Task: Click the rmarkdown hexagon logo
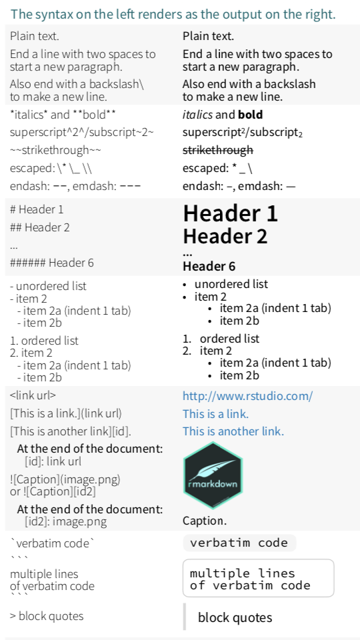click(x=213, y=475)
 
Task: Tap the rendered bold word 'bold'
click(x=250, y=115)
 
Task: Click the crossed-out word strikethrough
click(x=218, y=151)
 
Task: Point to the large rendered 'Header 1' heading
click(x=230, y=213)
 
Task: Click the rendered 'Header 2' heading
click(x=225, y=236)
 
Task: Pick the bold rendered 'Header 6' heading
click(x=209, y=267)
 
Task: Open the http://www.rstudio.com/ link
click(x=248, y=396)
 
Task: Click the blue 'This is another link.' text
click(x=233, y=431)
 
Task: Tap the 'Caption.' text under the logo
click(x=205, y=521)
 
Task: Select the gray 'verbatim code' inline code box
click(x=239, y=543)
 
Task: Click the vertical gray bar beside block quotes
click(x=185, y=616)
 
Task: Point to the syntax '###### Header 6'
click(x=52, y=263)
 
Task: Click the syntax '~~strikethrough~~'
click(x=55, y=151)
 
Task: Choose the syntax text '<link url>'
click(x=33, y=395)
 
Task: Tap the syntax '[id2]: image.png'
click(x=66, y=521)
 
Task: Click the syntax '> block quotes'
click(x=47, y=616)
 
